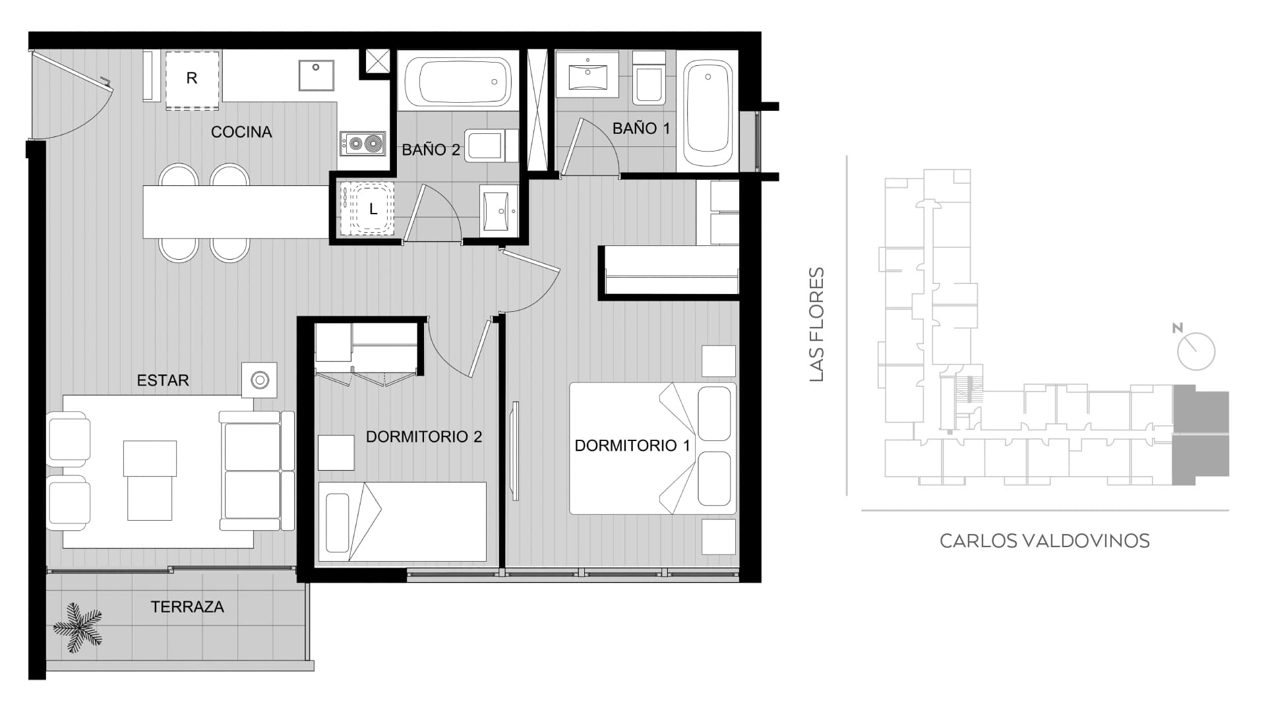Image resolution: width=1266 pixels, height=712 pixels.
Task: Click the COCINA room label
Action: click(241, 132)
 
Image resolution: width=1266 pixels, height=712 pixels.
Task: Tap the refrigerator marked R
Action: click(192, 79)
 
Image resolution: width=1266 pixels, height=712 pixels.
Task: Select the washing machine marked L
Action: click(367, 209)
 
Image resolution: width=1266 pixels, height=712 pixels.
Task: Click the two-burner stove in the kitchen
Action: click(363, 143)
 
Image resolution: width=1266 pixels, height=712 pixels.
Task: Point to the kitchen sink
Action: click(316, 74)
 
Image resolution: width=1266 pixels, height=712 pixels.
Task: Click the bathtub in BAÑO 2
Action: click(458, 82)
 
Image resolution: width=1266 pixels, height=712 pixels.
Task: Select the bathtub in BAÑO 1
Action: click(708, 113)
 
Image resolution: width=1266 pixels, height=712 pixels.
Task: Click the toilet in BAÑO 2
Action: click(491, 145)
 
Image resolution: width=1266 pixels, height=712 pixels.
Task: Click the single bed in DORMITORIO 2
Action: click(402, 521)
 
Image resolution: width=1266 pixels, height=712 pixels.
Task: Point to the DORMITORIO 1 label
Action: click(632, 446)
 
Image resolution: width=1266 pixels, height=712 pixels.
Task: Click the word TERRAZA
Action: click(187, 607)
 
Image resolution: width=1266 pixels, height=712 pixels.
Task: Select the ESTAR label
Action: click(163, 380)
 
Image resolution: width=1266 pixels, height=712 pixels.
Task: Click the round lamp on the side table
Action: click(260, 380)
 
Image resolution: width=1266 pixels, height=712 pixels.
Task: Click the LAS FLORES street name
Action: click(817, 324)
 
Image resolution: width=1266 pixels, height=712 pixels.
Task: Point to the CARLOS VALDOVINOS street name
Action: click(1044, 541)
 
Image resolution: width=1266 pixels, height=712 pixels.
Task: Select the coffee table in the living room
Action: click(150, 480)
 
